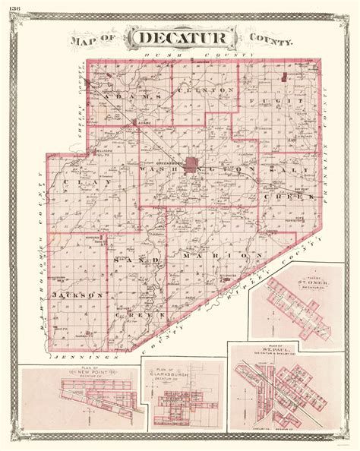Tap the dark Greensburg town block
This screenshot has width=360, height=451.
click(x=191, y=163)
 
